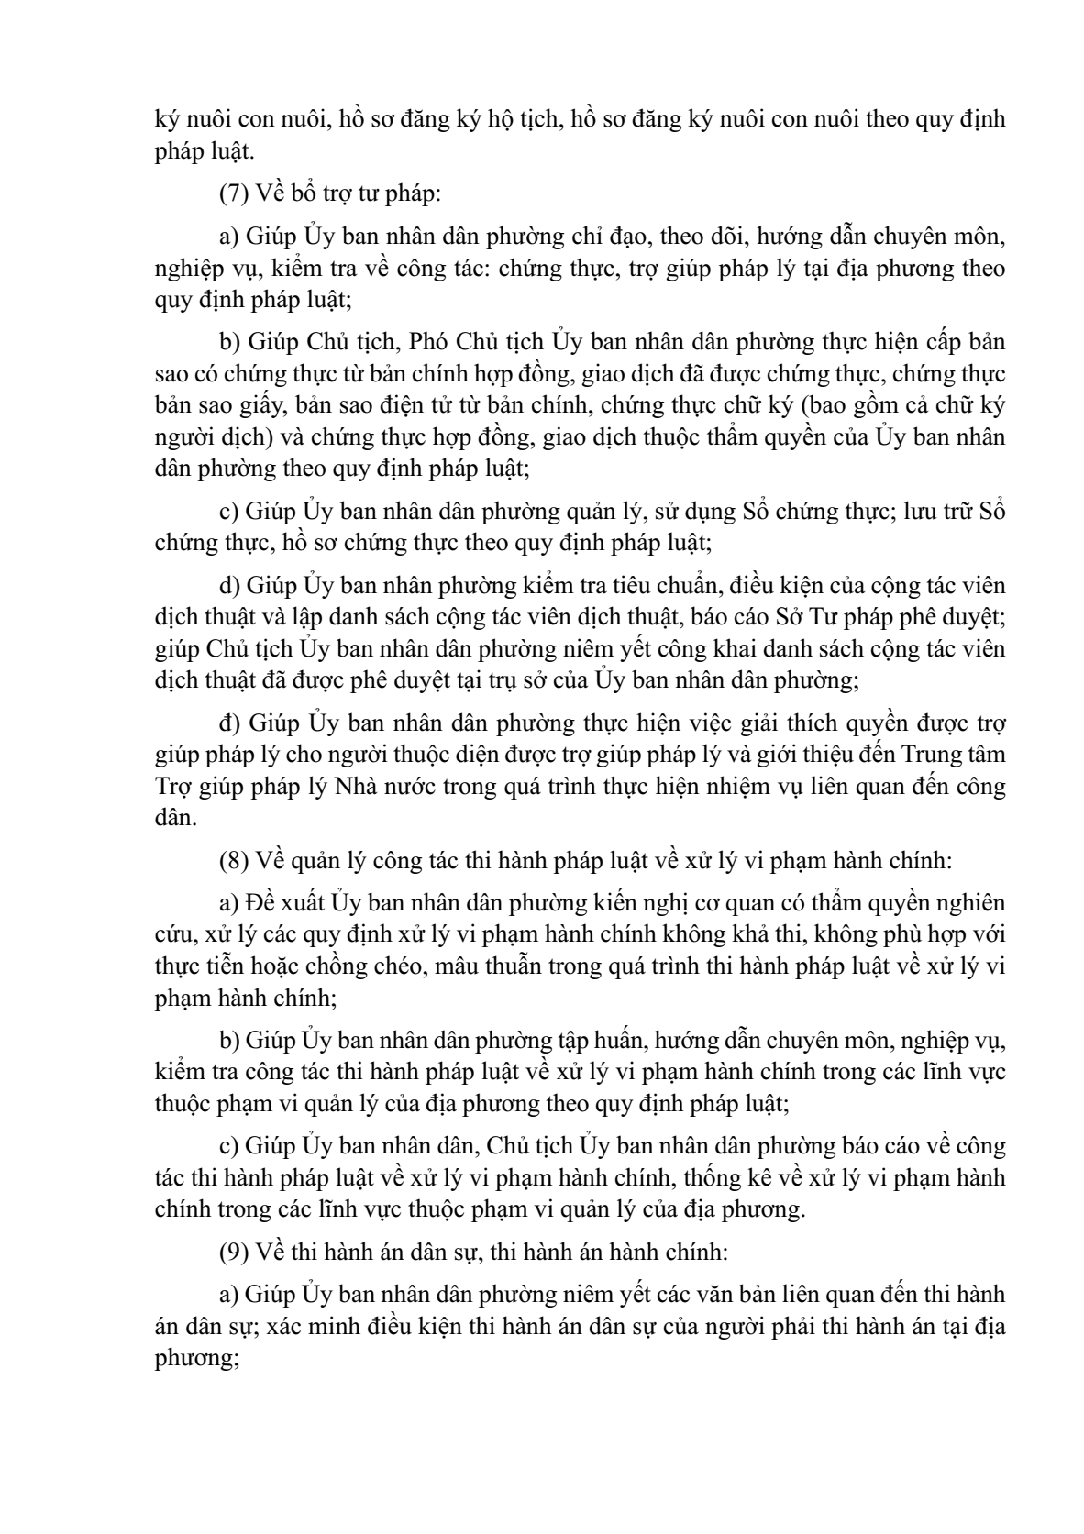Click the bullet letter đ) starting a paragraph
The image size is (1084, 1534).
point(229,723)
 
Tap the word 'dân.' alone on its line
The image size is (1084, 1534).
point(175,818)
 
